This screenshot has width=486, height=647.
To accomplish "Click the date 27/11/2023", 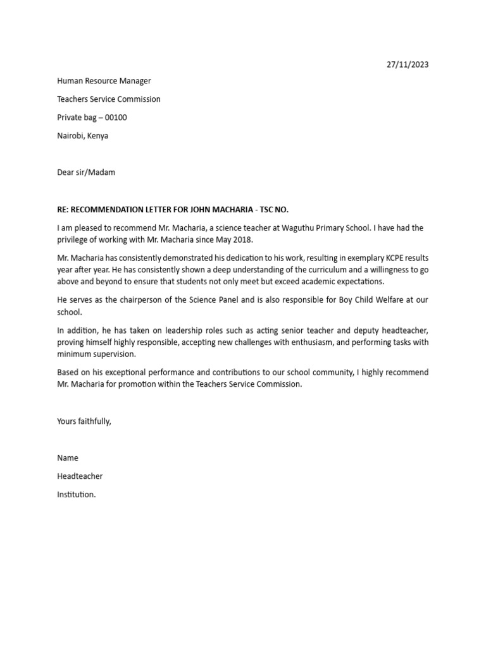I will [408, 64].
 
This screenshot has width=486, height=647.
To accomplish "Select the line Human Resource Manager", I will [104, 81].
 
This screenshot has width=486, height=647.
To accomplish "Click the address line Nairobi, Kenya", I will [82, 136].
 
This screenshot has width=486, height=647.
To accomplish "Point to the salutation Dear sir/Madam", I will [86, 172].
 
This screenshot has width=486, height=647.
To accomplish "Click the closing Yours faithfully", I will [84, 421].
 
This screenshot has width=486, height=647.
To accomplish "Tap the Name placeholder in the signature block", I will [68, 458].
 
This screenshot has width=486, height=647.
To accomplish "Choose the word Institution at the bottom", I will [76, 495].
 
